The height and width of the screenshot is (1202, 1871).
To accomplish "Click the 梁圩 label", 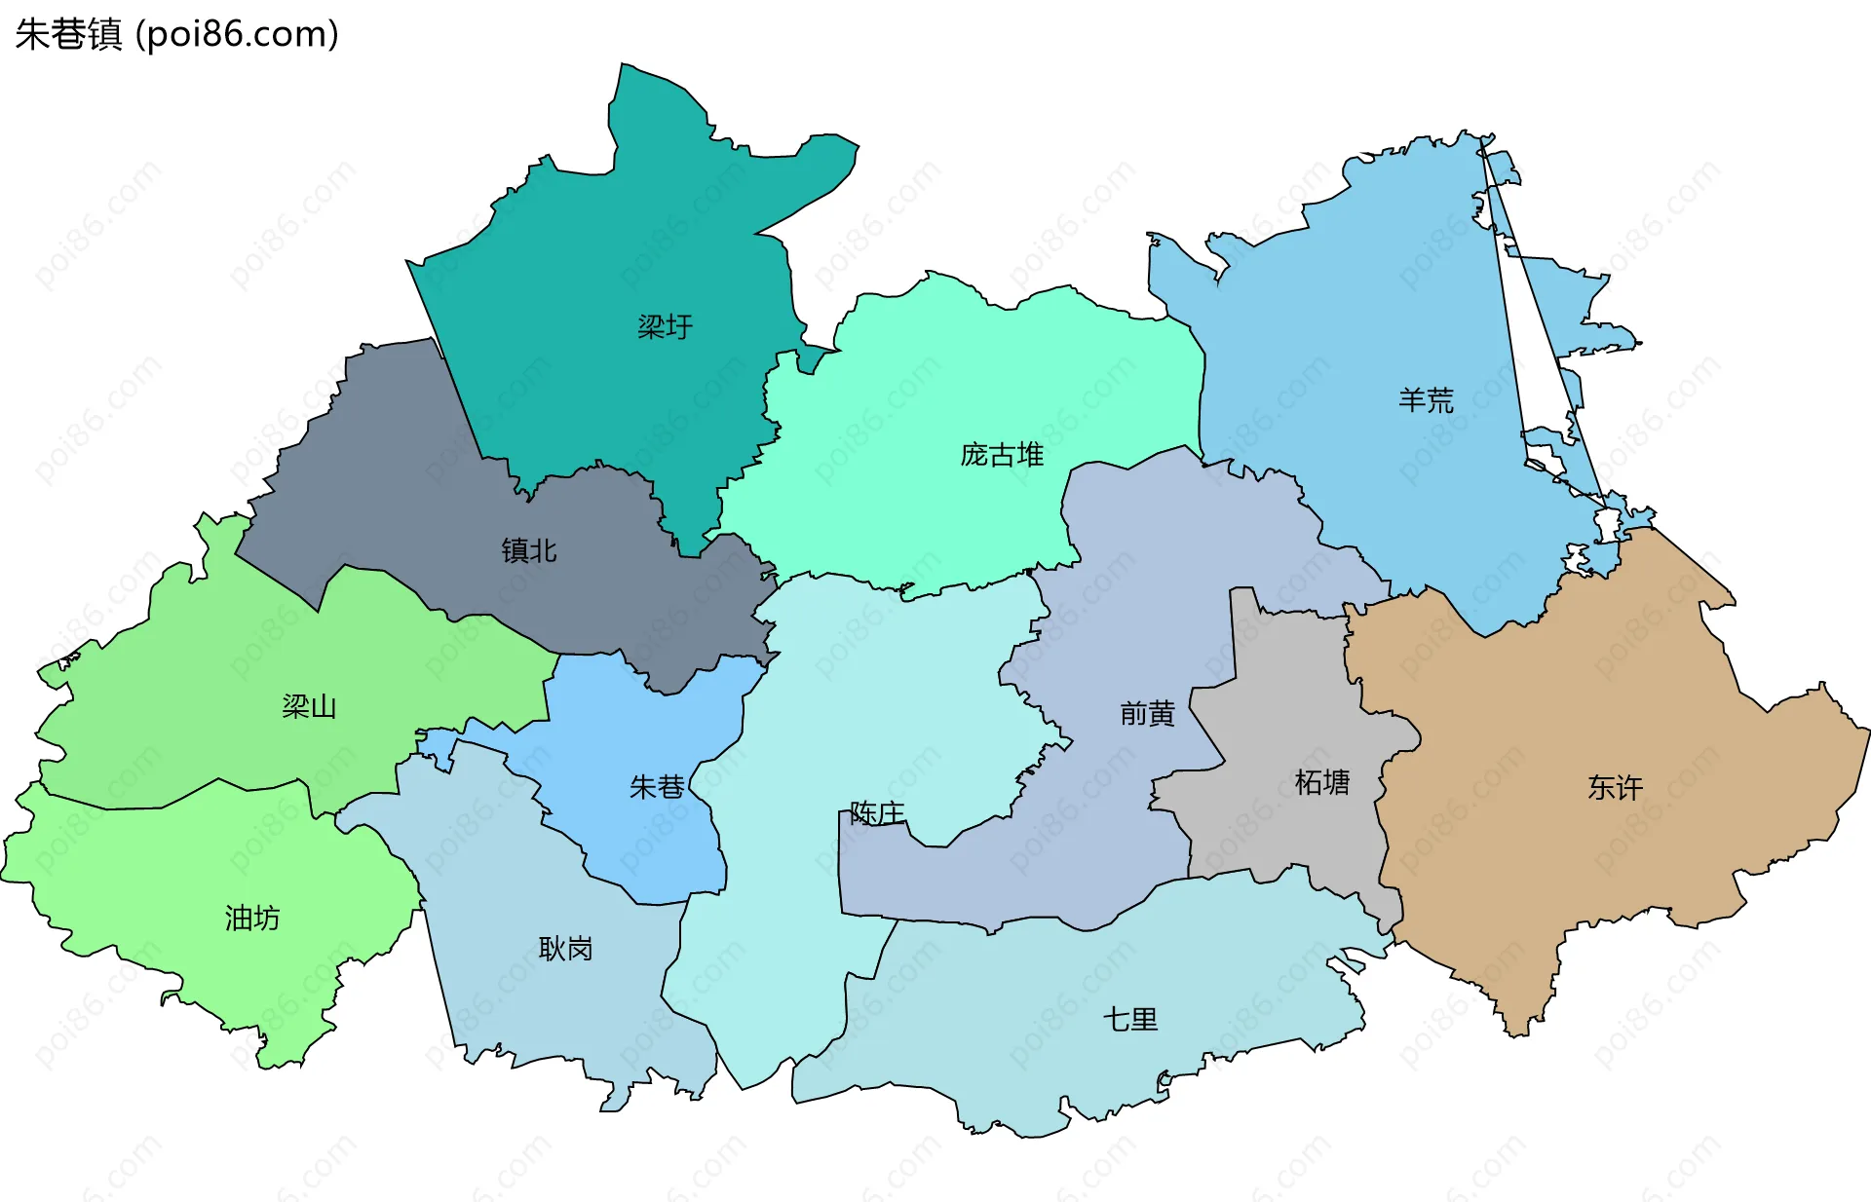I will (665, 327).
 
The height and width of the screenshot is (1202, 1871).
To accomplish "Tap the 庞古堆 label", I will (1002, 455).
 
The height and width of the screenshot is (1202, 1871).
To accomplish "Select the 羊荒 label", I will (1426, 400).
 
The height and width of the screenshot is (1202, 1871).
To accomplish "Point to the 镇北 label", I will (529, 551).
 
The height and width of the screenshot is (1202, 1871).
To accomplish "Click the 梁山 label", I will (309, 706).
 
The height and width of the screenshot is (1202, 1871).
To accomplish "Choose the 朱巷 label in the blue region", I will (657, 787).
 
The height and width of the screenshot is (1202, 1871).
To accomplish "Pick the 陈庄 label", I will (877, 812).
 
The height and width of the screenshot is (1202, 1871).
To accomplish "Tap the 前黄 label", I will (1147, 714).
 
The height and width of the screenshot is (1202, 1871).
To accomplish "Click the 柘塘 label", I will (1322, 782).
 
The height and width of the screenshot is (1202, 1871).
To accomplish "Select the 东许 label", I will (1615, 787).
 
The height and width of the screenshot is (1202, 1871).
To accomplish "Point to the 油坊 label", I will (252, 918).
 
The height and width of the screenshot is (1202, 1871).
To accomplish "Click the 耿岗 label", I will (565, 949).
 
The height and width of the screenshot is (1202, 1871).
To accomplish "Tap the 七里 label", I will (1130, 1020).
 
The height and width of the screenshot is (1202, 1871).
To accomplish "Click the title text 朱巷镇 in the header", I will (68, 34).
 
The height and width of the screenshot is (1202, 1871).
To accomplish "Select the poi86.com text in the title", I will (237, 34).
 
